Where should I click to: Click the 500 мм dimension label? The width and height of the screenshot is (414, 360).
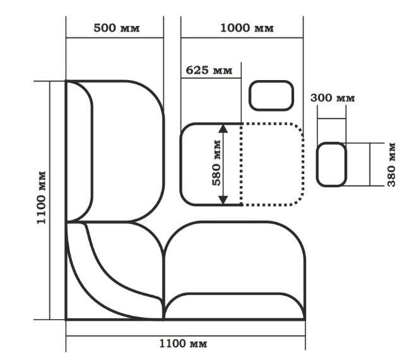116,28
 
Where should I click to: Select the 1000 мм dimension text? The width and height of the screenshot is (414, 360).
247,28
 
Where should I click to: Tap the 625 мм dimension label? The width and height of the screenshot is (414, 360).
209,70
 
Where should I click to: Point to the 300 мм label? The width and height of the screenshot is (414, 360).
333,98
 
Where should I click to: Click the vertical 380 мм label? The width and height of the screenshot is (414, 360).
391,165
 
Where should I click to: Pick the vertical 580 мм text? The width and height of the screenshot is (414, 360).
216,163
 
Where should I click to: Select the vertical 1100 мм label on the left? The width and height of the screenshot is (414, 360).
42,198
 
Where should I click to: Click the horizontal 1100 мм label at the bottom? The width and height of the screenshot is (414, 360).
183,344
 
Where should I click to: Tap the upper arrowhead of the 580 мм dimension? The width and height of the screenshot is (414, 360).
223,128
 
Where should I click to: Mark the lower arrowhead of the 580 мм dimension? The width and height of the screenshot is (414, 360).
223,200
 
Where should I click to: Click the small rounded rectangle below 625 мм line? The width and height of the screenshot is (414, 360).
271,95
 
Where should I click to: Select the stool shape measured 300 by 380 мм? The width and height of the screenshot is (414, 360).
331,165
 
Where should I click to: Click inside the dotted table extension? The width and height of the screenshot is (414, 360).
272,164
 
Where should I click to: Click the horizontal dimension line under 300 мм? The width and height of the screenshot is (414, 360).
331,119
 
